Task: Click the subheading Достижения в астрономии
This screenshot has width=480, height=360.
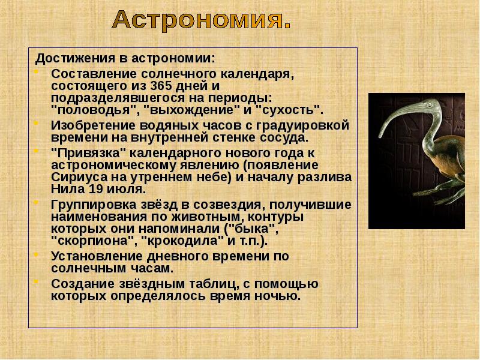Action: [125, 59]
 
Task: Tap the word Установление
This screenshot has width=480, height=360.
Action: [88, 256]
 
